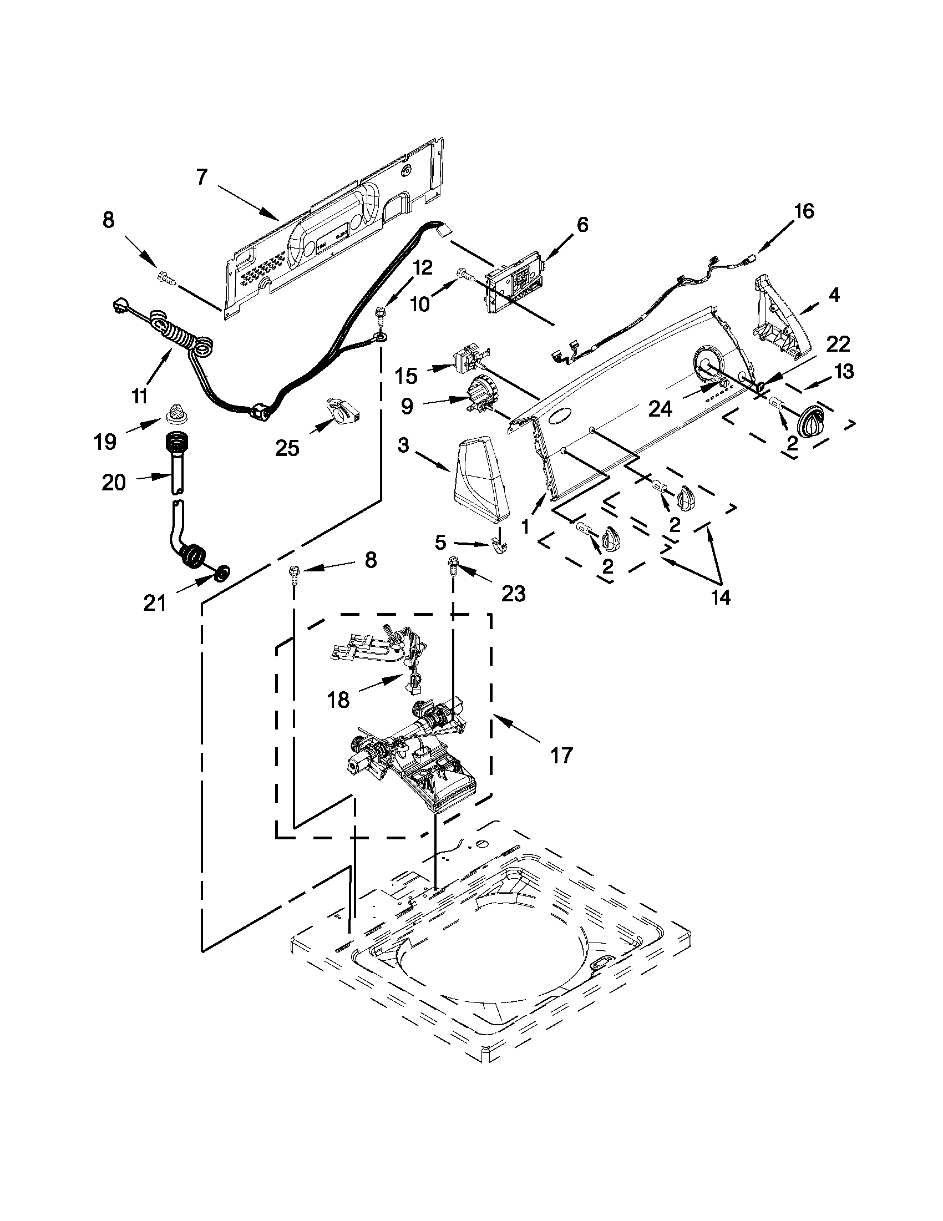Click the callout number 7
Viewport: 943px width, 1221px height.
tap(202, 178)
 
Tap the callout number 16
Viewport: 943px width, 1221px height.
tap(804, 212)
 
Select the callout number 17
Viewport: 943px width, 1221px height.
tap(561, 756)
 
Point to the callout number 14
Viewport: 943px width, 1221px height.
tap(721, 597)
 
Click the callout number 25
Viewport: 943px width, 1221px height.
tap(287, 448)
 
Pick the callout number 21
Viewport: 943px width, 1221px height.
tap(154, 602)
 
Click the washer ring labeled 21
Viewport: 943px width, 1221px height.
tap(223, 572)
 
